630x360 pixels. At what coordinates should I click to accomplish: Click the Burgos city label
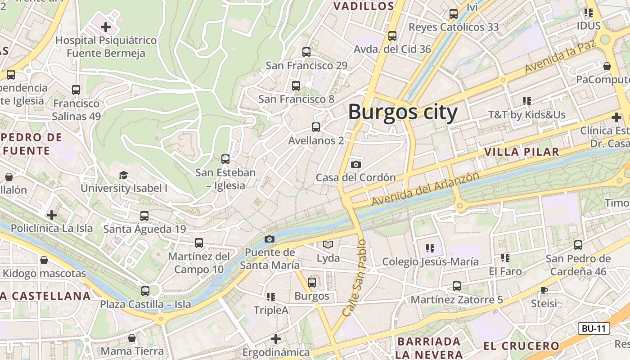coord(403,112)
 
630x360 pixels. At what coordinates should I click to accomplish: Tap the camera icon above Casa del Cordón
coord(356,164)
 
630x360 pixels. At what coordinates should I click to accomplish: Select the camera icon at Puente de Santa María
coord(270,239)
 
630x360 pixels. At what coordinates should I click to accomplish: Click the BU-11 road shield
coord(594,328)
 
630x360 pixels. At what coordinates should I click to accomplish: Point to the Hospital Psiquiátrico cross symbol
coord(106,27)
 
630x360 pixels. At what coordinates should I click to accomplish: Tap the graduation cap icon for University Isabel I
coord(123,175)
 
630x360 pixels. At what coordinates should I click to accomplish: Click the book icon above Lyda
coord(328,245)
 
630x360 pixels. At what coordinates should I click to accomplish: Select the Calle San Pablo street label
coord(355,278)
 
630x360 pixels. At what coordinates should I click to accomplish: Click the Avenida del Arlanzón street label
coord(425,189)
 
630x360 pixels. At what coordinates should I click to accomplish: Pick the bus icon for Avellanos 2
coord(316,127)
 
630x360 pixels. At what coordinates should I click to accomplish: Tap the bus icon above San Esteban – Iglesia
coord(225,159)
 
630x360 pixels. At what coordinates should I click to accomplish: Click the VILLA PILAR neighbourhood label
coord(522,152)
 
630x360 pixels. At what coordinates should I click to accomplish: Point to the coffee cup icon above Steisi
coord(544,290)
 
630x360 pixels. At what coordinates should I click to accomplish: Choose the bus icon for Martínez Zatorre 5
coord(457,286)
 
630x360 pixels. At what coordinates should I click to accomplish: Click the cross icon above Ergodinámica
coord(276,338)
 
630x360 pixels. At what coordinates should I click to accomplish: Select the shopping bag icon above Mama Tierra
coord(132,337)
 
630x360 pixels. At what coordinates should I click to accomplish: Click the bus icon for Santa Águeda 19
coord(144,216)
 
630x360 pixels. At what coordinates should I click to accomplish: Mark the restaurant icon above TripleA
coord(270,297)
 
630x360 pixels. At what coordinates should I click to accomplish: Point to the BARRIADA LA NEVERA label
coord(429,348)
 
